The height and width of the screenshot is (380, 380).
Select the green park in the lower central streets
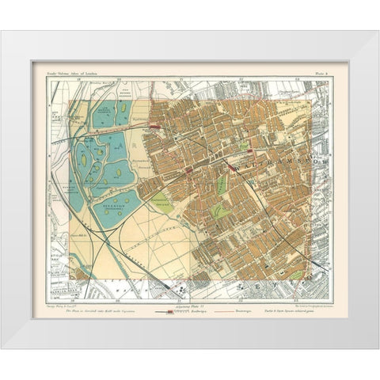pos(225,211)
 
